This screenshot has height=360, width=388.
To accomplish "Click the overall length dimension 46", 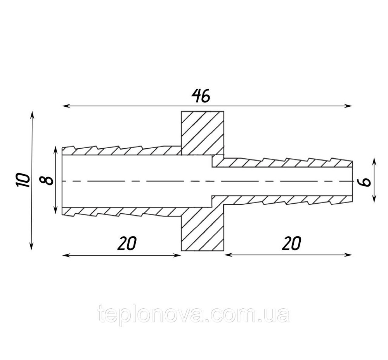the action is click(x=201, y=96).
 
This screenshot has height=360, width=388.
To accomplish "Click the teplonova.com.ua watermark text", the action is click(x=194, y=315).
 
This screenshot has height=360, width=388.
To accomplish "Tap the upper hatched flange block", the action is click(x=203, y=133).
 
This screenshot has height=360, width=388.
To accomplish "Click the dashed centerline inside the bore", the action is click(x=207, y=182).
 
